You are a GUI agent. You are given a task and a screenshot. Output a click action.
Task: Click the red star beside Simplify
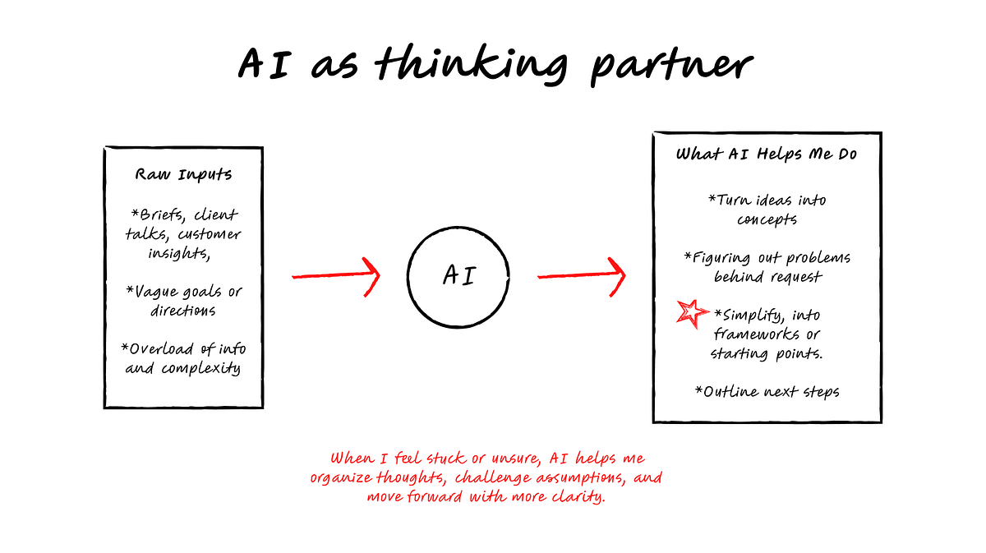click(x=692, y=314)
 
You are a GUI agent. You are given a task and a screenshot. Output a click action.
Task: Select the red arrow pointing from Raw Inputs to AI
click(x=335, y=276)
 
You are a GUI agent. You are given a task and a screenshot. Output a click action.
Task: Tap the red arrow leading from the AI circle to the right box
click(x=581, y=276)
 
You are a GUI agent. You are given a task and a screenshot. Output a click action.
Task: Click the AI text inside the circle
click(x=459, y=275)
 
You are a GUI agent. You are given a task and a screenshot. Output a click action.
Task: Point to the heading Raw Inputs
click(x=183, y=175)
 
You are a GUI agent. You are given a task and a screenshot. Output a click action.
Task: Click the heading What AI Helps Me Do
click(x=767, y=154)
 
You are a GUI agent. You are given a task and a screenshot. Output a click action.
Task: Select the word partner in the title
click(x=672, y=66)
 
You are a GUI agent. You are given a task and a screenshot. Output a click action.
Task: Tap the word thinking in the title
click(x=472, y=65)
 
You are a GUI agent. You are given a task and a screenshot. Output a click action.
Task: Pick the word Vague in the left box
click(x=152, y=293)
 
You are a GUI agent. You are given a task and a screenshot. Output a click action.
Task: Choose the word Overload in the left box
click(x=157, y=349)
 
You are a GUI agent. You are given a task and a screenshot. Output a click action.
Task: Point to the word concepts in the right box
click(x=767, y=219)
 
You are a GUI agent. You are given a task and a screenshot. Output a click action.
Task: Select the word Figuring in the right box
click(x=717, y=258)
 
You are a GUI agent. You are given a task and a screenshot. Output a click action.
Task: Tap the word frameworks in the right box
click(x=756, y=334)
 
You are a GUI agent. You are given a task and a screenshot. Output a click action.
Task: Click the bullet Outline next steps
click(x=767, y=392)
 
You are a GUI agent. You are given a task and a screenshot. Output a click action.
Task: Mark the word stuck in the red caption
click(x=445, y=459)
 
